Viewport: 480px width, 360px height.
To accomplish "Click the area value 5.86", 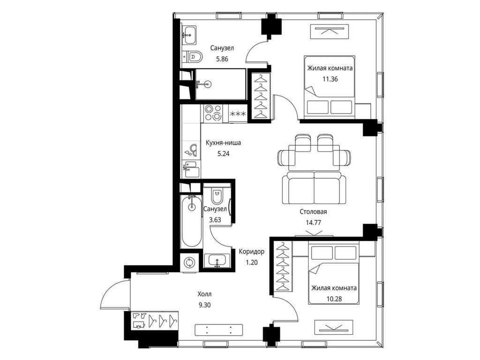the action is coord(222,59).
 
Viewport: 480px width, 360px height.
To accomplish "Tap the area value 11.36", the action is coord(330,79).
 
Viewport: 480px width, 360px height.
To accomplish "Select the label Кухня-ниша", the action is coord(223,142).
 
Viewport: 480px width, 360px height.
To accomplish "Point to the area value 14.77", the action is coord(314,223).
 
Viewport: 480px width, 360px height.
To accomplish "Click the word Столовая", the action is coord(313,211).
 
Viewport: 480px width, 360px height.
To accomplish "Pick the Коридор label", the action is coord(251,252).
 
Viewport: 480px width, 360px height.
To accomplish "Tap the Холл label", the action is coord(204,294).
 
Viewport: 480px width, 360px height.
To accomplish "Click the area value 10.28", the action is coord(334,299).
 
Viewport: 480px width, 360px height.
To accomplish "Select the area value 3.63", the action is coord(215,219).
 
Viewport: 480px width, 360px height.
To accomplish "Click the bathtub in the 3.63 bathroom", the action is coord(191,221).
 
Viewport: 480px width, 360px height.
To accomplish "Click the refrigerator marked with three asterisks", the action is coord(238,113).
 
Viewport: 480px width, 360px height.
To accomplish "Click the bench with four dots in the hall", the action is coord(218,330).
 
